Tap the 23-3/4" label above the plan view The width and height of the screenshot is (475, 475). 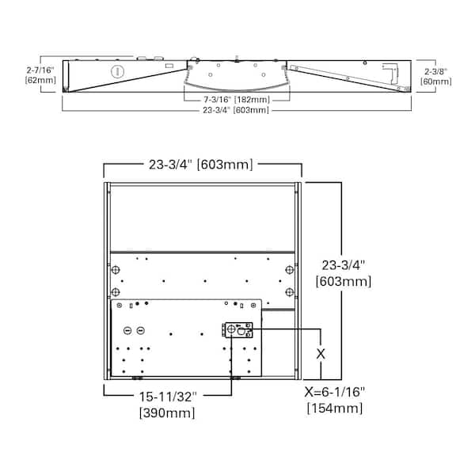(x=201, y=165)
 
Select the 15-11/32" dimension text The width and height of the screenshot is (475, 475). (x=168, y=398)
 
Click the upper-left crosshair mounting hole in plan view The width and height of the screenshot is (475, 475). (x=116, y=270)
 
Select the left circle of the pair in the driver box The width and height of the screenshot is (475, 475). (x=127, y=330)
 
